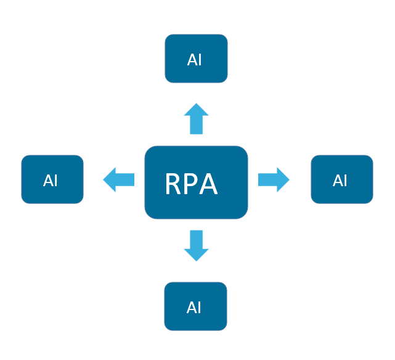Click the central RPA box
point(196,182)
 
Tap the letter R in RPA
point(174,184)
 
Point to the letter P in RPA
point(192,184)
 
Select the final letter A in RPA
point(208,184)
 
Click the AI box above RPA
point(196,59)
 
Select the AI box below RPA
point(195,306)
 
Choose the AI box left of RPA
point(52,179)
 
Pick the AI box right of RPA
point(341,179)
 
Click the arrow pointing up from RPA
point(197,119)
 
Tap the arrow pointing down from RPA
point(197,245)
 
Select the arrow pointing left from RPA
point(119,180)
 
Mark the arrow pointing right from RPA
point(273,179)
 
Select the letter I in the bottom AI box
point(200,308)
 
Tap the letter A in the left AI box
point(47,181)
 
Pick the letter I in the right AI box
point(346,181)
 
